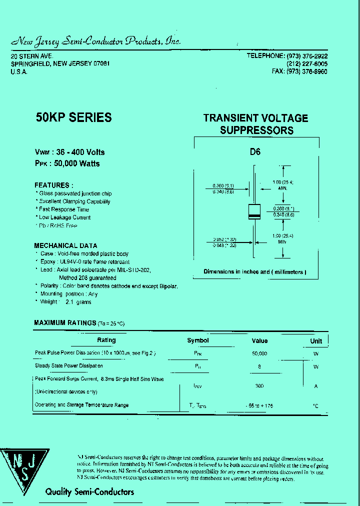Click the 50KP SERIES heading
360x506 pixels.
click(73, 117)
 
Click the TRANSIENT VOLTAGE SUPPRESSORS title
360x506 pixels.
click(256, 124)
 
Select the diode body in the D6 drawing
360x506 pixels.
click(255, 212)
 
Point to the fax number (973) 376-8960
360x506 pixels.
click(306, 71)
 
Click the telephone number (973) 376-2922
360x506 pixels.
click(306, 56)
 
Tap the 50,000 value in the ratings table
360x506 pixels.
click(259, 353)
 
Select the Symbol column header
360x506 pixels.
click(198, 340)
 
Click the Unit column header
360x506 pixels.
click(316, 341)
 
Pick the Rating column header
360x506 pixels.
click(106, 340)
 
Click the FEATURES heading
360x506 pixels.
click(53, 185)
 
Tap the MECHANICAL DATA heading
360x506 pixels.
click(65, 245)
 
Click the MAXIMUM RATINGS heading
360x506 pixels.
click(64, 323)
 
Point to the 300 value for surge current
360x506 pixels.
click(259, 386)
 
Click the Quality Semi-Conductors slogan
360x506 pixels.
click(89, 492)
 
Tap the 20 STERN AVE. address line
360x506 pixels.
click(31, 56)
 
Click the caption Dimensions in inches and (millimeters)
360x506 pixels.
click(254, 272)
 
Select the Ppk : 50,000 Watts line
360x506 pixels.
click(67, 163)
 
